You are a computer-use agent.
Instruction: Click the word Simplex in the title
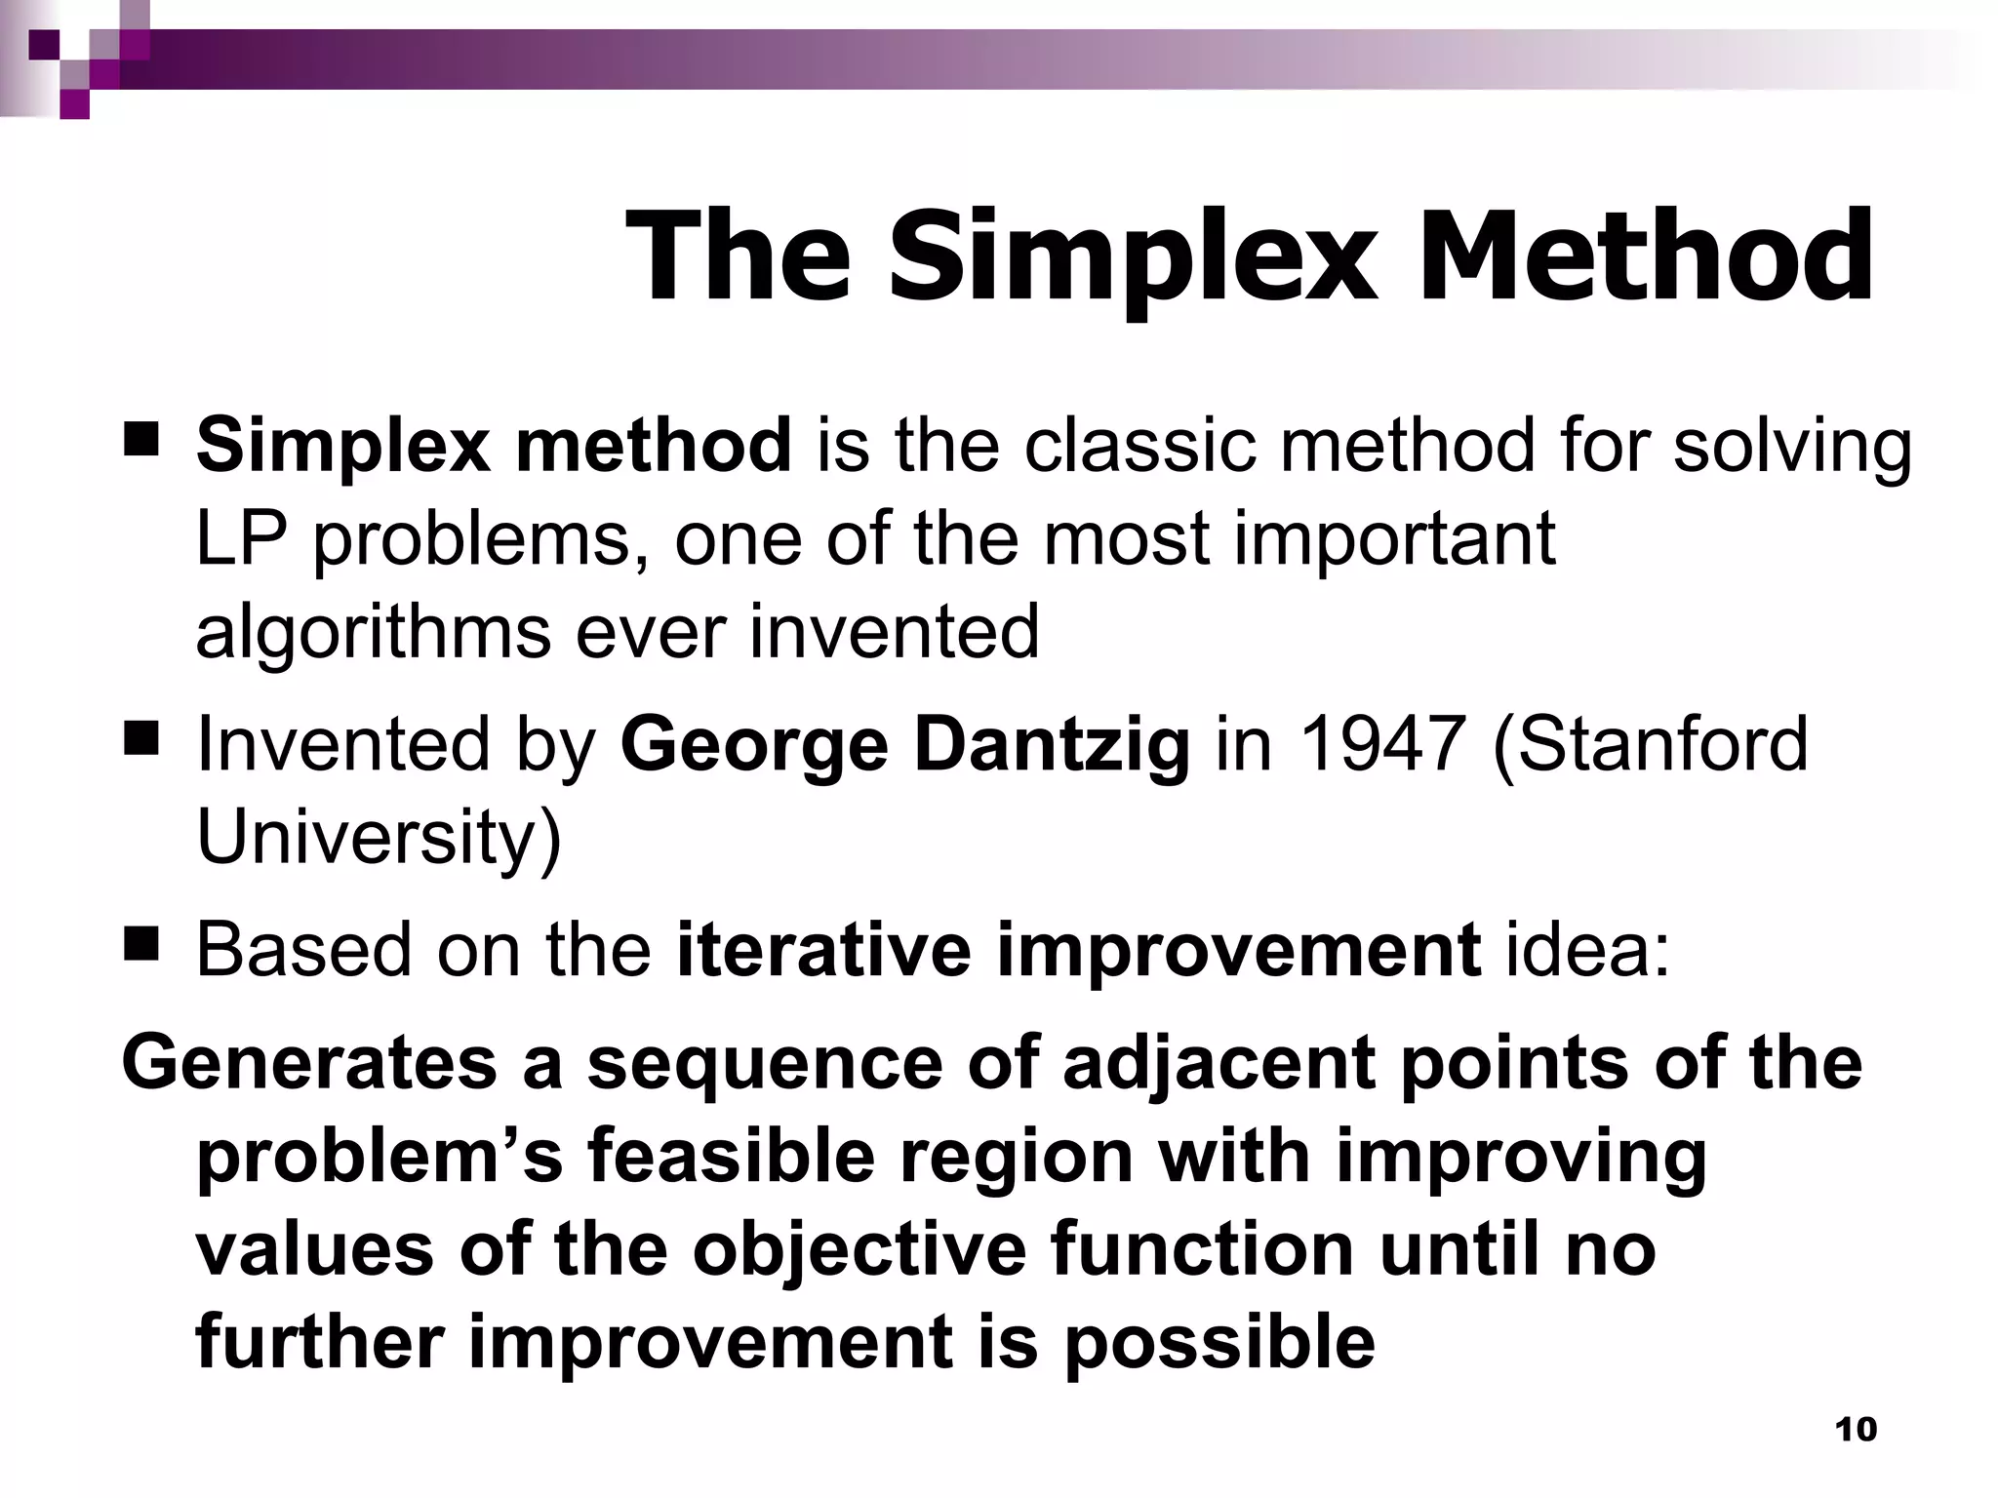(1133, 258)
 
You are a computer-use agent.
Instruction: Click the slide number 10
(1856, 1430)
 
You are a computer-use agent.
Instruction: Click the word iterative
(823, 949)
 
